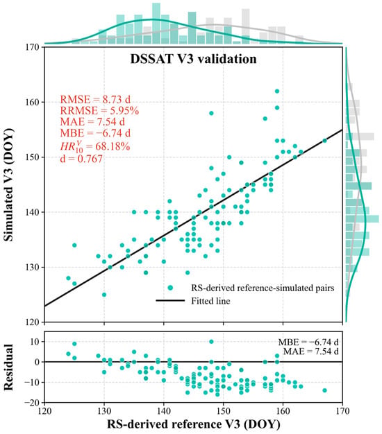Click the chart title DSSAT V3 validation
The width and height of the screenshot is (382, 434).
pos(193,59)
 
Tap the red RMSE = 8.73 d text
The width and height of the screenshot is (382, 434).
pos(95,99)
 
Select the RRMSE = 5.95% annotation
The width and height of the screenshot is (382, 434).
pos(99,111)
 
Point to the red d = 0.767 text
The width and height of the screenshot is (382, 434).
pos(81,159)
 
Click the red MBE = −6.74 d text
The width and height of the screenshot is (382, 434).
pos(95,133)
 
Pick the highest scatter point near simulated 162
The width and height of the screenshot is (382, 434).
pos(277,91)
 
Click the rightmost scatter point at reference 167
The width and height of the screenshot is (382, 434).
pos(324,141)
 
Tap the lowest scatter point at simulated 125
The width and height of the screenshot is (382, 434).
pos(104,295)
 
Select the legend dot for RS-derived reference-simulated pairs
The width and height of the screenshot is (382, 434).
pos(170,288)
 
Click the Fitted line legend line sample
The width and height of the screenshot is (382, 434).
pos(170,301)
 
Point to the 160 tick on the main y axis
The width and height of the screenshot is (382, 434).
pos(42,102)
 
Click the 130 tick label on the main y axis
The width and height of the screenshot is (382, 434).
pos(33,268)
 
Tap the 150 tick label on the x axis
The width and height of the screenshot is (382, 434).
pos(223,411)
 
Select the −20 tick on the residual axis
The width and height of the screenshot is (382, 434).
pos(42,402)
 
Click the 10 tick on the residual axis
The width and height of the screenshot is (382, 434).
pos(42,342)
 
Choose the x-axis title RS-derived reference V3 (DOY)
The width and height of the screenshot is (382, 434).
pos(194,424)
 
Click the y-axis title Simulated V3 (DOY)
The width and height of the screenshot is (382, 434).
pos(8,185)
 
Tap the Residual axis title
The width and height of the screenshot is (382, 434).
pos(8,367)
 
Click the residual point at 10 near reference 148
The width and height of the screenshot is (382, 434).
pos(211,342)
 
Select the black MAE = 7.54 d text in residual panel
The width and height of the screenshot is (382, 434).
pos(310,351)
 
